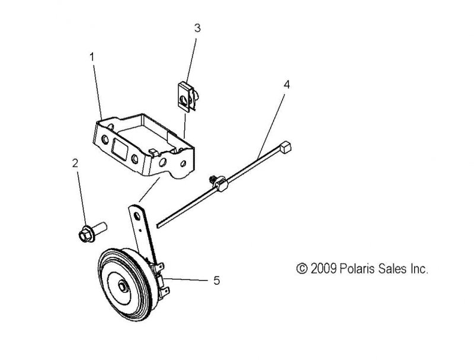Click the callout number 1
coord(92,57)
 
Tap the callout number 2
coord(75,163)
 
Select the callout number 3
coord(197,28)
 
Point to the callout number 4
coord(287,85)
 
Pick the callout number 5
coord(216,281)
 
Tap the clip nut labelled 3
coord(187,97)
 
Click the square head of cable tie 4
coord(286,147)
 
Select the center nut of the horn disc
coord(122,286)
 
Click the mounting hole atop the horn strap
coord(137,215)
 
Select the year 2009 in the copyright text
coord(324,269)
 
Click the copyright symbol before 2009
coord(302,269)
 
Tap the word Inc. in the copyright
coord(419,269)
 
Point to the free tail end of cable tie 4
coord(158,225)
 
